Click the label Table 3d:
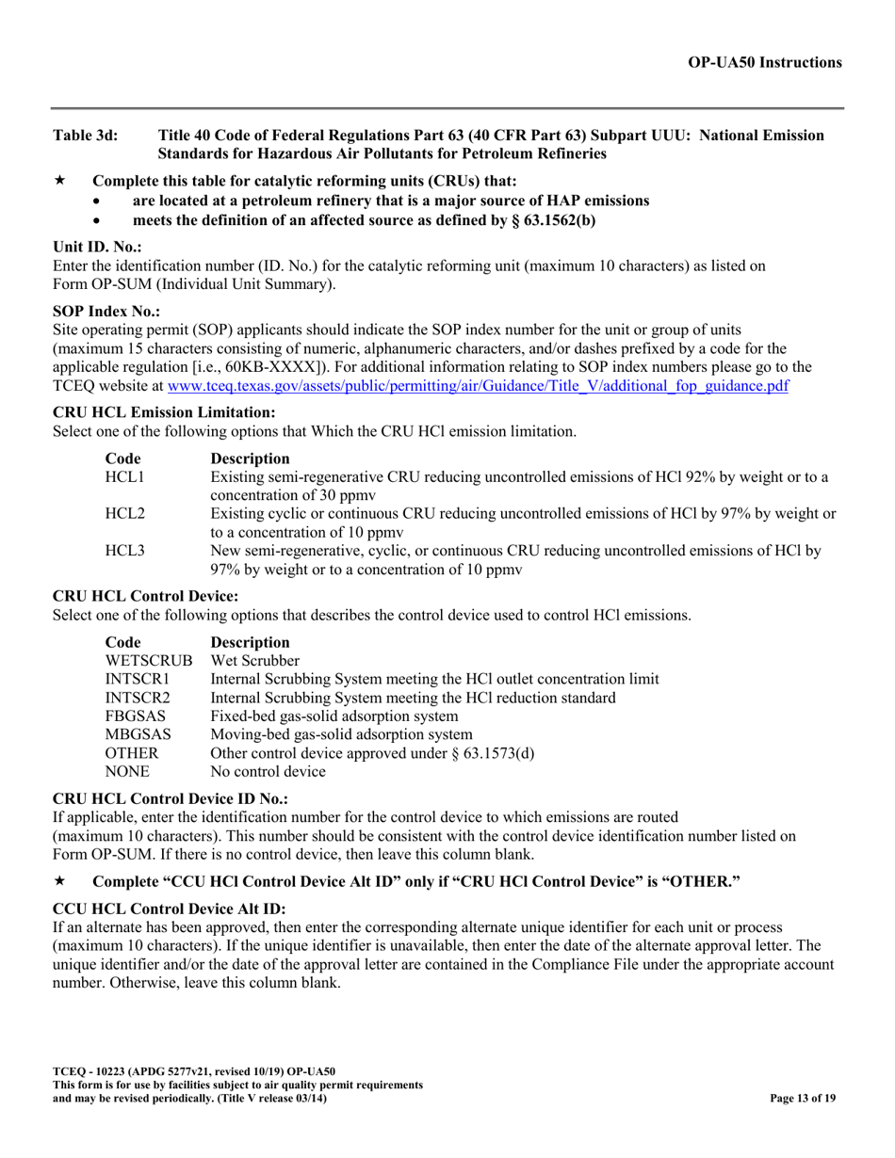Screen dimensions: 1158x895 point(86,136)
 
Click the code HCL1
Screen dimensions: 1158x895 point(124,477)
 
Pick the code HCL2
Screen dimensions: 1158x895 point(124,513)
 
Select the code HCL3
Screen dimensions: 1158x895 point(124,549)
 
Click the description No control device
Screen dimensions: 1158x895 point(268,772)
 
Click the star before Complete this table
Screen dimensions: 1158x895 point(60,181)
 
